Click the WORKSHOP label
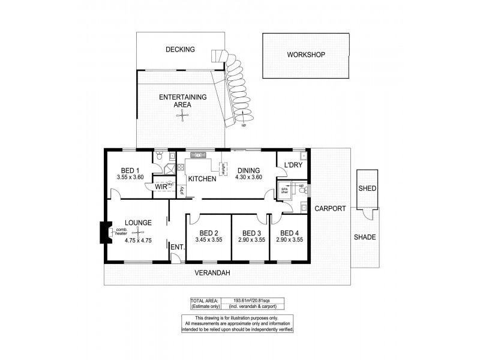coord(305,55)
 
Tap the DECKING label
coord(180,49)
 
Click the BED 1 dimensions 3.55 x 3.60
coord(131,178)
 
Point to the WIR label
coord(160,187)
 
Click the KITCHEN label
coord(202,179)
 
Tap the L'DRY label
coord(293,165)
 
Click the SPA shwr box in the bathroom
coord(285,192)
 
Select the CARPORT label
coord(330,209)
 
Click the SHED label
coord(367,188)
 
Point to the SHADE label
coord(365,237)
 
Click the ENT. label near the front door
coord(176,247)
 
